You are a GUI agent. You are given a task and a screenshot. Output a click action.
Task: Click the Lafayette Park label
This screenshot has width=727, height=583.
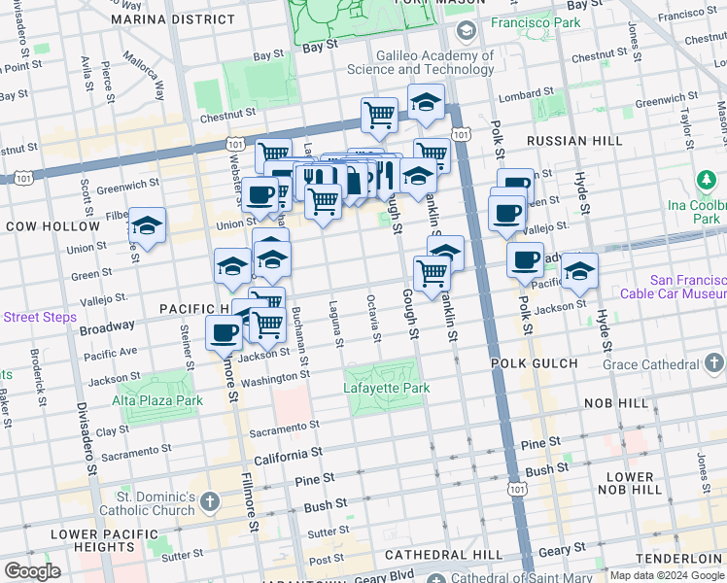386,389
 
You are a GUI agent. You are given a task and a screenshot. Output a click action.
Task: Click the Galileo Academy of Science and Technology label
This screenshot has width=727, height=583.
424,63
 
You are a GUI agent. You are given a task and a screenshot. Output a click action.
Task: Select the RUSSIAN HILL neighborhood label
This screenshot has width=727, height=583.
574,141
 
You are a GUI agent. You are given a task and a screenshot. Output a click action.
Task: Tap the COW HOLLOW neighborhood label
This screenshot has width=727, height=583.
52,225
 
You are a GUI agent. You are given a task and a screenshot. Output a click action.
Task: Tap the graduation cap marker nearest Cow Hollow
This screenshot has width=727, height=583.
147,225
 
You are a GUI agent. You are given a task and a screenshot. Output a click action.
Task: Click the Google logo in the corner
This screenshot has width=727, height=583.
33,571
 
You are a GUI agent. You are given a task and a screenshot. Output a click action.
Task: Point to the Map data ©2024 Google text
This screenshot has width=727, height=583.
667,575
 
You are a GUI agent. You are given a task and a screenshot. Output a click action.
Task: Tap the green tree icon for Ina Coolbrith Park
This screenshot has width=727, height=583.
705,181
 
